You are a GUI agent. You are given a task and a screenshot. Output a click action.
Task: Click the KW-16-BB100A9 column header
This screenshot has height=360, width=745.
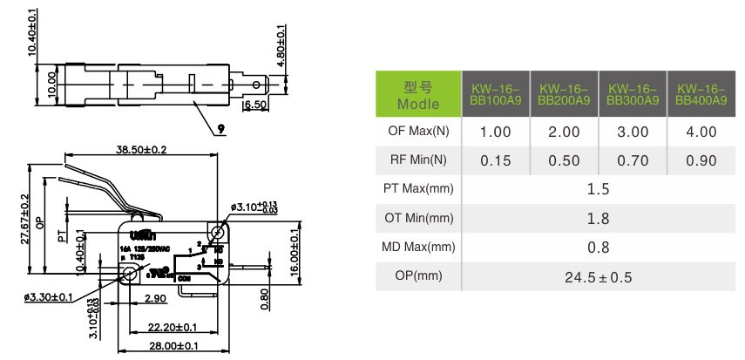pos(495,94)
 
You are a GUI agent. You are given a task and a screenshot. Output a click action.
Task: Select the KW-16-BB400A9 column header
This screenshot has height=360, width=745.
pos(701,94)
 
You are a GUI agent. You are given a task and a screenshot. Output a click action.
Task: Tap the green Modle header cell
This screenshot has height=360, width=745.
pos(417,94)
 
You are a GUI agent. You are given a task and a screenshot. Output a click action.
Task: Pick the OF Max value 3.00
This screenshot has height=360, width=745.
pos(633,132)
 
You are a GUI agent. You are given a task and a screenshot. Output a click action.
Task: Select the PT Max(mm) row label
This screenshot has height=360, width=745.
pos(418,188)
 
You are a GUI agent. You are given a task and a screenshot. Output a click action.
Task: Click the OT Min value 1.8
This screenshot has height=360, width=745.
pos(598,218)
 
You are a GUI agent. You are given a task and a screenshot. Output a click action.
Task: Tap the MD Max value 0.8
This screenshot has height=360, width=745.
pos(598,248)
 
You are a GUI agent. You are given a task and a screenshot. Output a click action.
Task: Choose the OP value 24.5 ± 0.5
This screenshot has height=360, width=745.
pos(598,277)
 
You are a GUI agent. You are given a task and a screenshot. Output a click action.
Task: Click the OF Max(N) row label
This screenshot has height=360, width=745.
pos(418,132)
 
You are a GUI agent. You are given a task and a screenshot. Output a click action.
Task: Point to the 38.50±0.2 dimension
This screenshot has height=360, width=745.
pos(141,149)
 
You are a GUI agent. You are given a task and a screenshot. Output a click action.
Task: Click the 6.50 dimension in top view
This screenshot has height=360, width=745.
pos(254,105)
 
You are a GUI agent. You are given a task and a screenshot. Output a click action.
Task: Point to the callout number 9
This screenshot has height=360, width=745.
pos(220,128)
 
